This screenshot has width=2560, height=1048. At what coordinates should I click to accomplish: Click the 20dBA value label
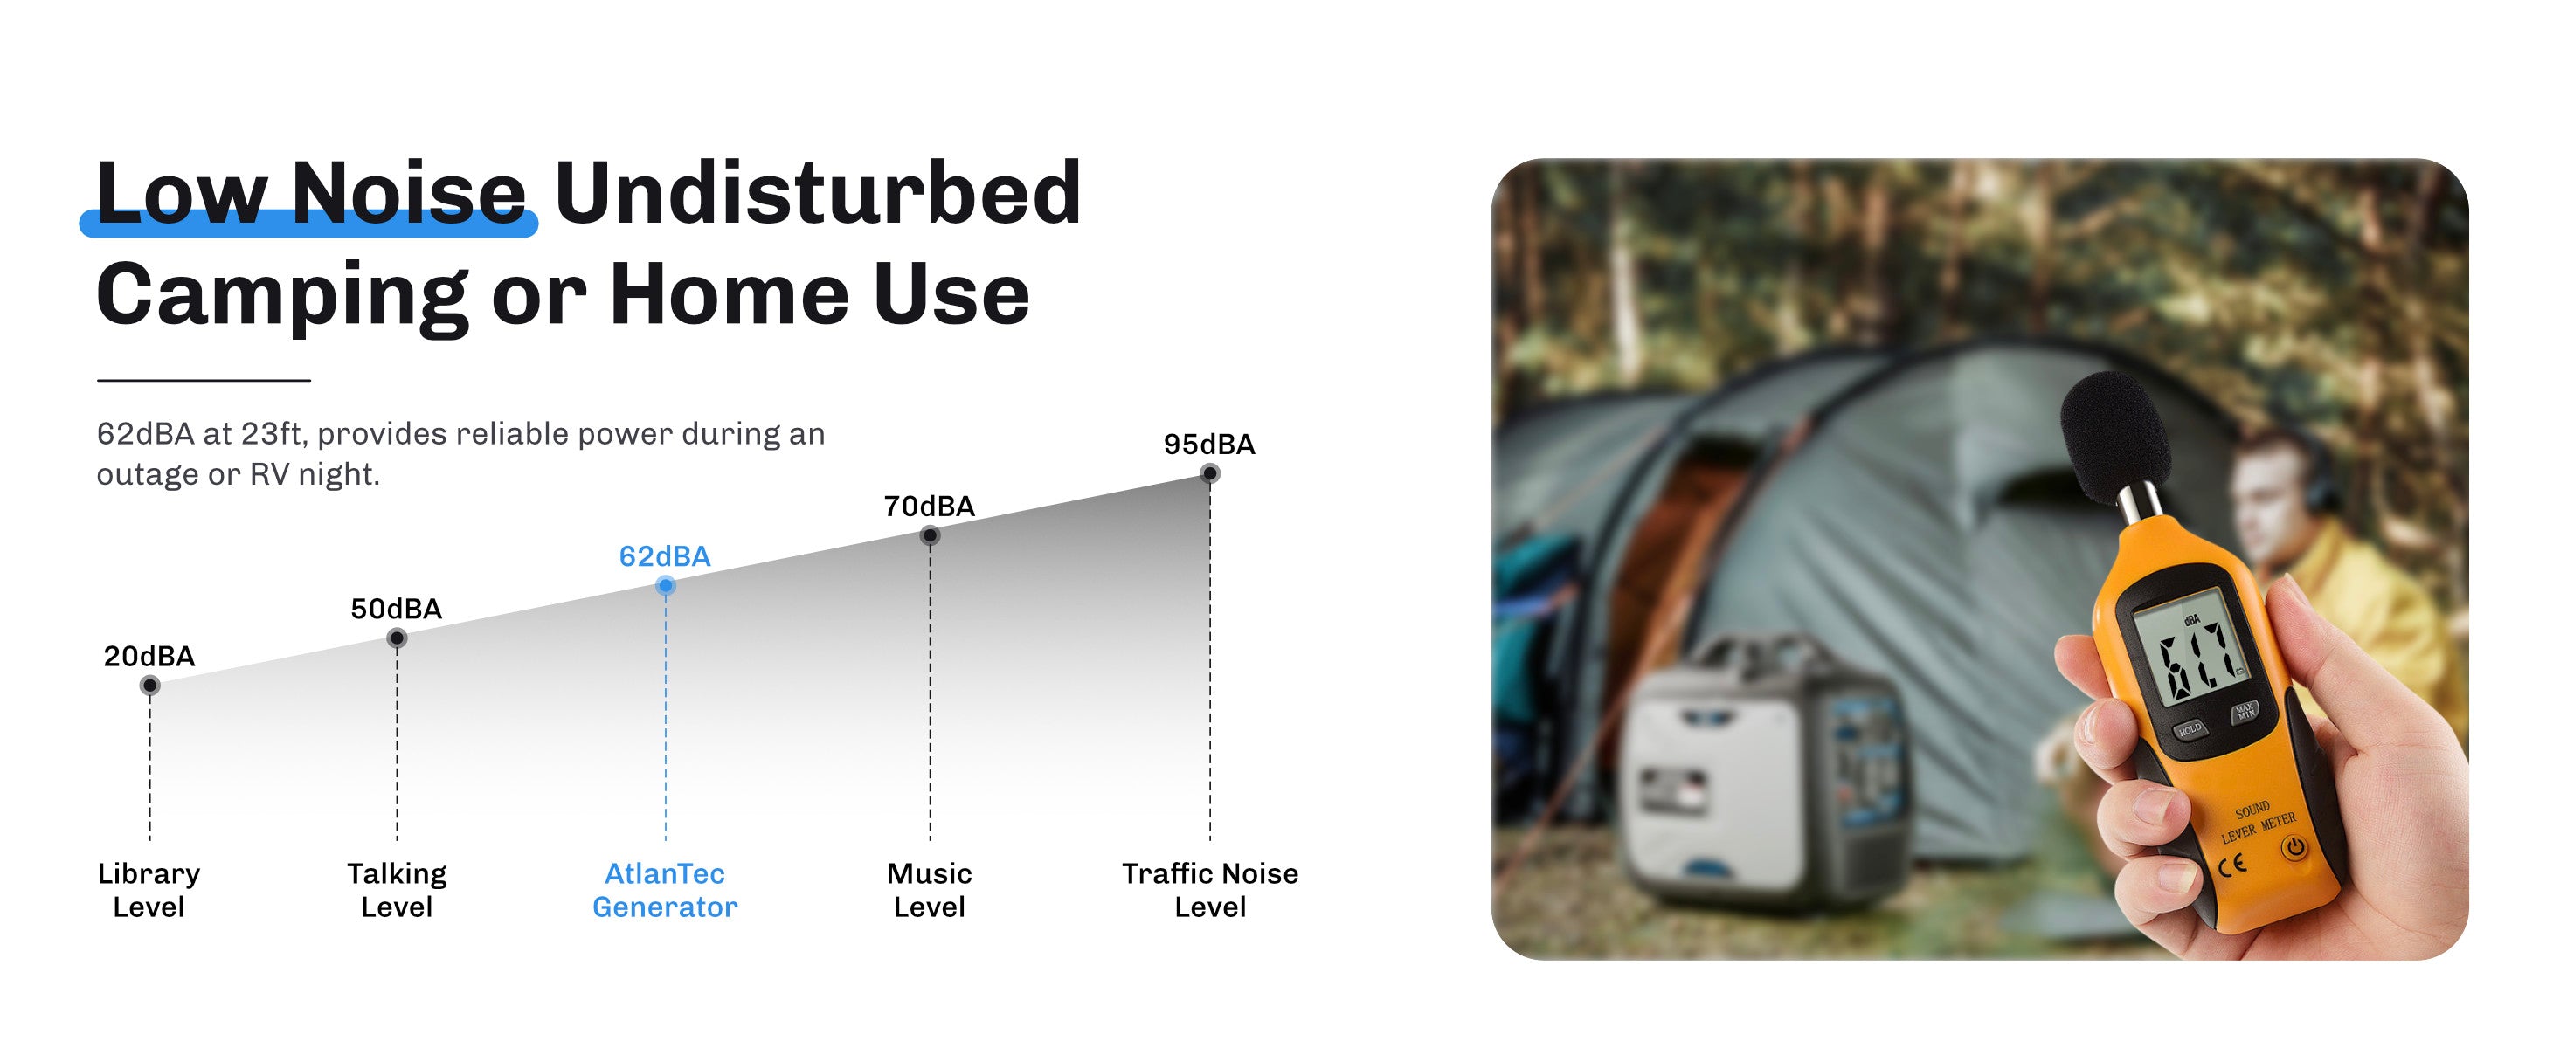[149, 656]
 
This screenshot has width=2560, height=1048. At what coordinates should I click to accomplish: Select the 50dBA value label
[396, 609]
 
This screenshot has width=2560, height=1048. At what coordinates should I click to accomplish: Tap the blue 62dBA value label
[665, 556]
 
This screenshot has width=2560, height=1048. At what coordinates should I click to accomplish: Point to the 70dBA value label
[929, 507]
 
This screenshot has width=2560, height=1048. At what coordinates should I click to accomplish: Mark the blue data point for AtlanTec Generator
[666, 586]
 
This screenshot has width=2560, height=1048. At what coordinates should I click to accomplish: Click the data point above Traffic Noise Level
[1209, 474]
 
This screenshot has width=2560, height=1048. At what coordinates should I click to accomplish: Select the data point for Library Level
[150, 686]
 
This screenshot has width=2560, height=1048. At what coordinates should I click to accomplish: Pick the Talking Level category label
[397, 890]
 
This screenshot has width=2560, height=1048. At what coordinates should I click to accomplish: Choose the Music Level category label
[929, 890]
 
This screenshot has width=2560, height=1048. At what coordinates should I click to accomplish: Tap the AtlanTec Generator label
[665, 890]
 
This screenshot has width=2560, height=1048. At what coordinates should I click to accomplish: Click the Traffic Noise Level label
[1210, 890]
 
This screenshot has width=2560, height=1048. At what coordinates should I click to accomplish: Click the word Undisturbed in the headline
[818, 193]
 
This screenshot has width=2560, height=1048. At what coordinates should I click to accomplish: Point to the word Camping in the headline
[282, 296]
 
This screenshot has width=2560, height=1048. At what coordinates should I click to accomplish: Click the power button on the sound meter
[2294, 848]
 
